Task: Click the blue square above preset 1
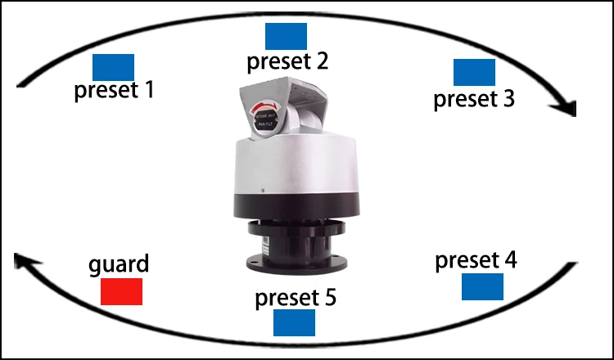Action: click(113, 66)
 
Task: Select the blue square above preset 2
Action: click(286, 36)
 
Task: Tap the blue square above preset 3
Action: click(474, 72)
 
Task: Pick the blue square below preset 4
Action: click(482, 287)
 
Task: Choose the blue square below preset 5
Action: click(294, 322)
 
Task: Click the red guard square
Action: click(121, 292)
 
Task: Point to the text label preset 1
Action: click(114, 89)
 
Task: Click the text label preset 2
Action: click(287, 61)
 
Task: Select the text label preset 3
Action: click(474, 99)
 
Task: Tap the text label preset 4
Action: click(476, 261)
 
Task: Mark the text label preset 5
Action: click(296, 297)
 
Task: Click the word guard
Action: click(119, 265)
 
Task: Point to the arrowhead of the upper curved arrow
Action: click(568, 107)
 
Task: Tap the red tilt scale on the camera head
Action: click(266, 110)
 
